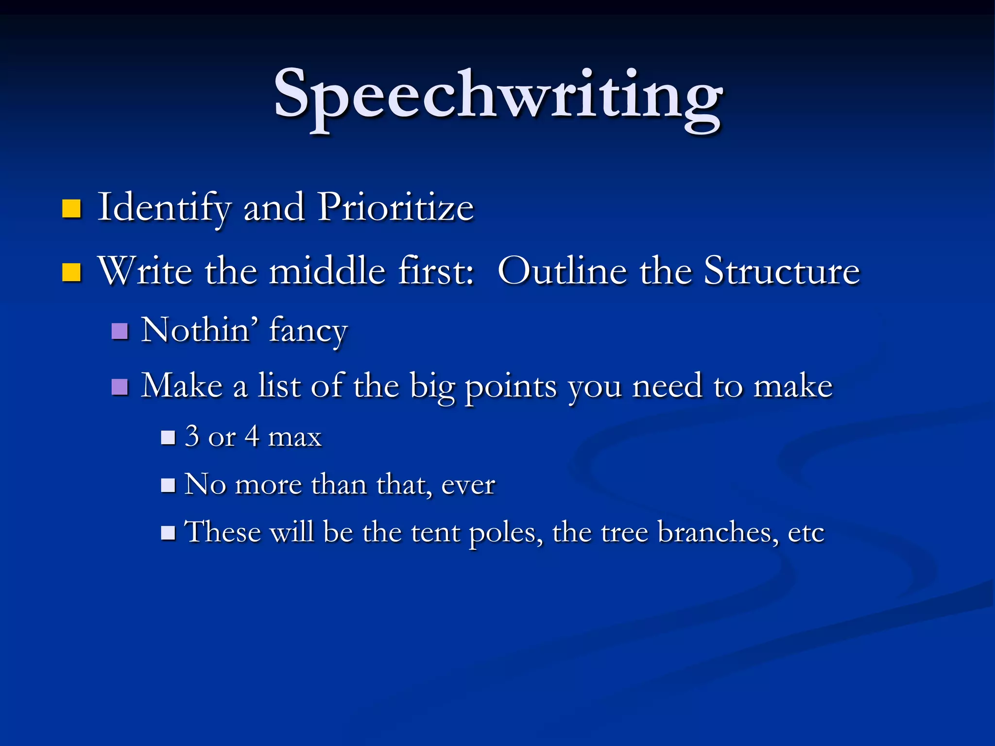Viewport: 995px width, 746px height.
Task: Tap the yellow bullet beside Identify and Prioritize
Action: tap(71, 208)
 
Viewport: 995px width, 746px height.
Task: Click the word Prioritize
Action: tap(395, 207)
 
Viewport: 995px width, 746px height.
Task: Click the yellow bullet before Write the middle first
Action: tap(71, 272)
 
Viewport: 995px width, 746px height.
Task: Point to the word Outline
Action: tap(562, 271)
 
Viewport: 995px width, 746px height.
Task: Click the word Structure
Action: tap(782, 271)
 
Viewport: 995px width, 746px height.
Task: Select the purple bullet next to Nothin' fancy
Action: tap(120, 331)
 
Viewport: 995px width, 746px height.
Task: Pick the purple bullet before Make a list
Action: tap(120, 387)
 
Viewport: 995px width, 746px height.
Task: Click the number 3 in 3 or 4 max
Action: tap(192, 436)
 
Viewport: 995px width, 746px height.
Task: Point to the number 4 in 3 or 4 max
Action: tap(251, 436)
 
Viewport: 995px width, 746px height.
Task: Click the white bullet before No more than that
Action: tap(168, 485)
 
